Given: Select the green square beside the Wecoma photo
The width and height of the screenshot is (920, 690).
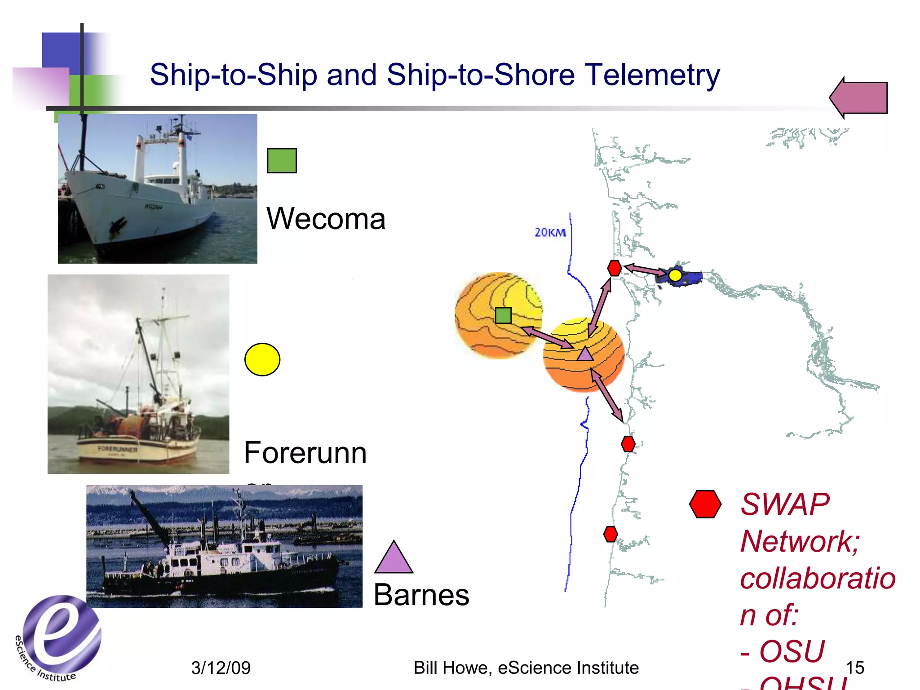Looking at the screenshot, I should coord(282,160).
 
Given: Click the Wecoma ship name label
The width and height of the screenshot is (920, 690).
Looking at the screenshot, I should coord(326,219).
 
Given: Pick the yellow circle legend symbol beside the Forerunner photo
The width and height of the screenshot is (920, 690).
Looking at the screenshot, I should coord(262,359).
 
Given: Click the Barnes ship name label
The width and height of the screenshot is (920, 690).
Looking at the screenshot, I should coord(421,595).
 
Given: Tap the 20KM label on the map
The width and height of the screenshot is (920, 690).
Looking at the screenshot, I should coord(550,232).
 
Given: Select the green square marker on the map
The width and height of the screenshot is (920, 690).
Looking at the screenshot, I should coord(503,315).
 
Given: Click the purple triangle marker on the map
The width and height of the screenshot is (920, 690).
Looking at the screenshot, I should coord(585,354).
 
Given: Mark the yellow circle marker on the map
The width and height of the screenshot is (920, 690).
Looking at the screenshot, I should coord(675,275).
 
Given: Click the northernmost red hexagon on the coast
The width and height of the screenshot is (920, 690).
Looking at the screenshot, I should coord(614,268).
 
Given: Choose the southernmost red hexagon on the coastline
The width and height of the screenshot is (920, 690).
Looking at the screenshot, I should coord(610,534).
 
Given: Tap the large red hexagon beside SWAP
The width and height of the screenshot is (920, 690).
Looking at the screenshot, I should coord(705,504).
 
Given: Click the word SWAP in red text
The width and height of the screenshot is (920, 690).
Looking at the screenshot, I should coord(784,504).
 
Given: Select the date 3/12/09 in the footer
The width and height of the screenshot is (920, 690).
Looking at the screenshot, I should coord(221,668).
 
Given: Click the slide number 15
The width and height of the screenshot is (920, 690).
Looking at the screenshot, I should coord(854,668).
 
